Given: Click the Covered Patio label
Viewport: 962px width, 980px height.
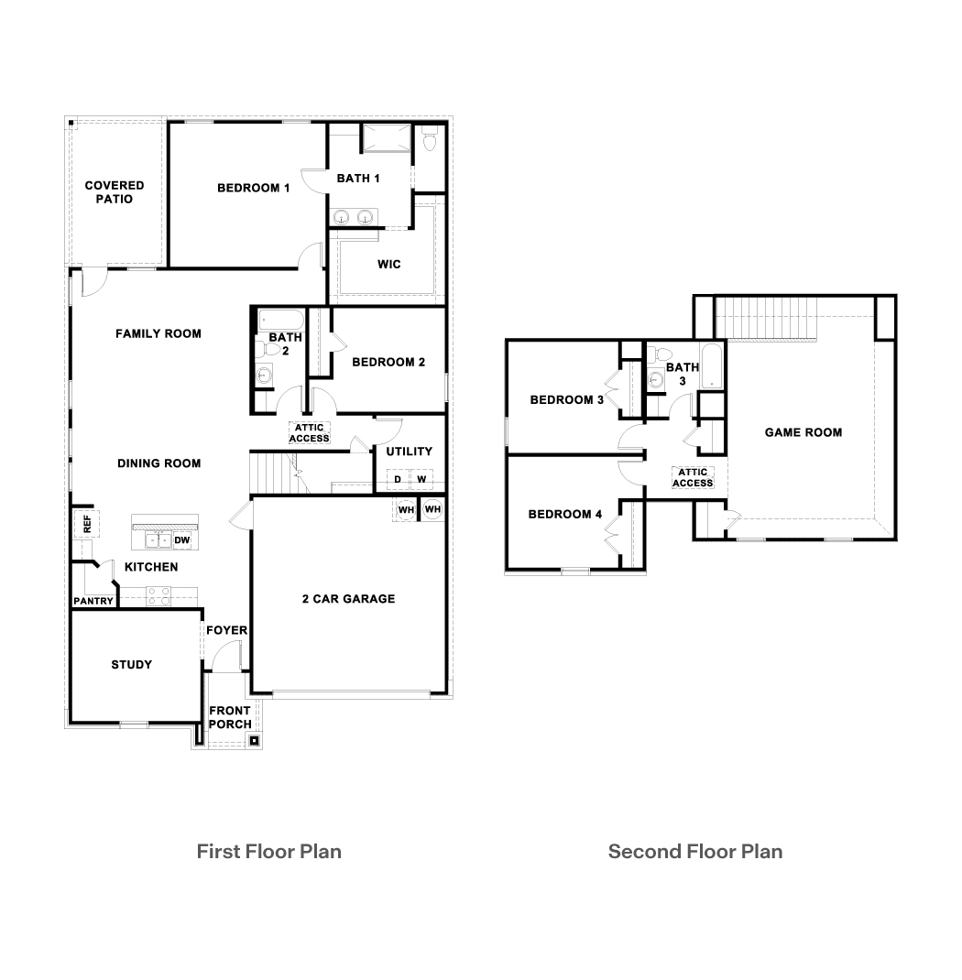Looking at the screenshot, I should point(115,192).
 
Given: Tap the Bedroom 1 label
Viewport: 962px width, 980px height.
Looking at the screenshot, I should point(253,188).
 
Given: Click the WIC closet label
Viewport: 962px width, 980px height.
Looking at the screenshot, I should point(389,265).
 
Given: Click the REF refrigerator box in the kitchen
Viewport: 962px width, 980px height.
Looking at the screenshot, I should point(85,524).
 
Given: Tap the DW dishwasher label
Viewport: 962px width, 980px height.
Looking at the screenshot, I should point(181,541).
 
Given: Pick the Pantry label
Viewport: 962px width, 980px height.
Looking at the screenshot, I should point(93,602).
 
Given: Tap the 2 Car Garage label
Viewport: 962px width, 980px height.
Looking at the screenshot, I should point(348,599).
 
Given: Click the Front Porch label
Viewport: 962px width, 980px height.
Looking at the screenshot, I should point(230,717).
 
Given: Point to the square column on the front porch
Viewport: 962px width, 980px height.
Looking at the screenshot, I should point(255,740).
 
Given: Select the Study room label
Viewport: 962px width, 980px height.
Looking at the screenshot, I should point(131,664).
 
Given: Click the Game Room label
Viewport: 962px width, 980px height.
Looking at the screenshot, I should point(803,432).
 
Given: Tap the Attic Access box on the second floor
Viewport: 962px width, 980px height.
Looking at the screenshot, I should point(693,477).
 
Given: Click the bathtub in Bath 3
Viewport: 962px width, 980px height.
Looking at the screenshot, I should point(712,366).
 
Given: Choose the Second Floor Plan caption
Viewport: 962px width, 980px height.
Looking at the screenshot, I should point(694,852).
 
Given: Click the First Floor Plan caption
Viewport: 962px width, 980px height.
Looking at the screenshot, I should point(268,852).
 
